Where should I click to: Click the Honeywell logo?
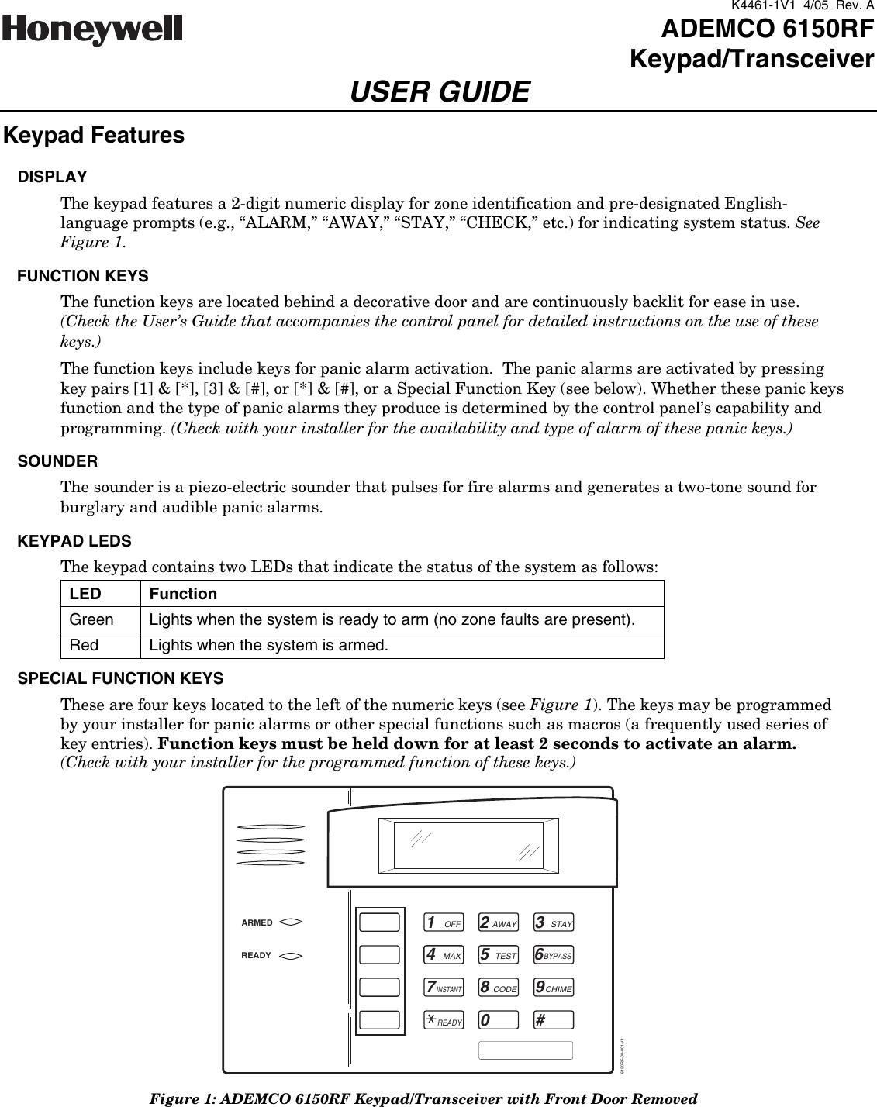click(x=93, y=32)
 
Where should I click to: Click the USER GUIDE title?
click(x=440, y=92)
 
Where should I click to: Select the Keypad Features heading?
click(x=94, y=136)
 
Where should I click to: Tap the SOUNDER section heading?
click(x=57, y=461)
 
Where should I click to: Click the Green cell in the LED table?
click(x=91, y=620)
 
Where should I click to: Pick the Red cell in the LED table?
click(x=84, y=646)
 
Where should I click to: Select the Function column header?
click(x=183, y=595)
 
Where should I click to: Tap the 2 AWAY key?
click(x=498, y=923)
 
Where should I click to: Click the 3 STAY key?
click(x=554, y=923)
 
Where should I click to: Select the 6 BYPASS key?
click(x=554, y=956)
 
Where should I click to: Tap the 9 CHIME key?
click(x=554, y=988)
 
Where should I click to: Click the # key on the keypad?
click(x=554, y=1020)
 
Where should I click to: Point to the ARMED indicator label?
click(x=257, y=923)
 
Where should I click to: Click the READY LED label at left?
click(x=257, y=956)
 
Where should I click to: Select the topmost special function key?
click(x=380, y=922)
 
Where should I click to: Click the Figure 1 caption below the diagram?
click(x=423, y=1098)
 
